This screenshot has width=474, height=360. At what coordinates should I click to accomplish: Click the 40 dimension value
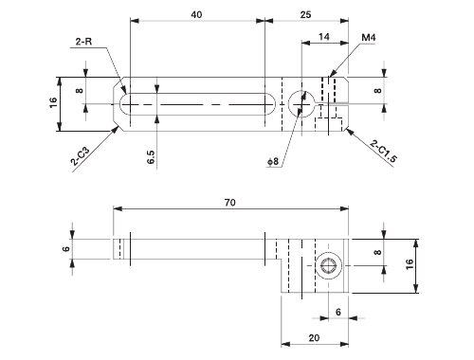click(196, 14)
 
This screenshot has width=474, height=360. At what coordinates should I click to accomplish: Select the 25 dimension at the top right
click(305, 14)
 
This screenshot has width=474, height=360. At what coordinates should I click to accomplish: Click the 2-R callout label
click(84, 41)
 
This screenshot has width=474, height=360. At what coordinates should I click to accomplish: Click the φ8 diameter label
click(274, 162)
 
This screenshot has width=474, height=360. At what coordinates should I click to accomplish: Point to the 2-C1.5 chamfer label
click(383, 151)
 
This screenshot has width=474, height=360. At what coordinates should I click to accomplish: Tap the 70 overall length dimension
click(230, 202)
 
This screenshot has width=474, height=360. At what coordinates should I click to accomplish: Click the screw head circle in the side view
click(330, 267)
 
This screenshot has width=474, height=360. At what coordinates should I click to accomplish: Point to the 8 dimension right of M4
click(377, 92)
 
